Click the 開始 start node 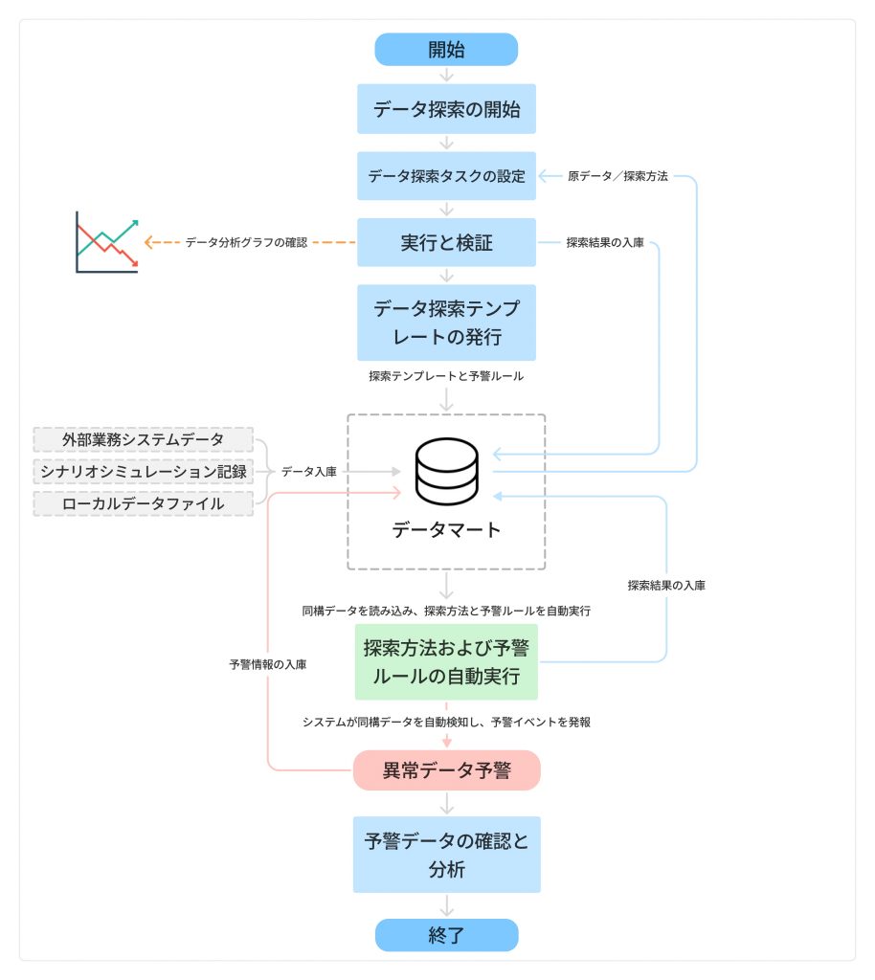tap(446, 50)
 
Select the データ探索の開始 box tap(446, 109)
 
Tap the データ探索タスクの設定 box tap(446, 176)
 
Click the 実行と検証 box tap(446, 243)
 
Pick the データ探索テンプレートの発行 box tap(446, 322)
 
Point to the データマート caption tap(446, 529)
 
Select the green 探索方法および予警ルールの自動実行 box tap(446, 661)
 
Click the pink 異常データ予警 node tap(446, 770)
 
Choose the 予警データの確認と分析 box tap(446, 855)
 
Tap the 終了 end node tap(446, 935)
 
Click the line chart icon tap(107, 243)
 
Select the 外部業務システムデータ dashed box tap(144, 440)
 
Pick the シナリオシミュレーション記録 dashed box tap(144, 472)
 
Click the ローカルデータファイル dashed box tap(144, 503)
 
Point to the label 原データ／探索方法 tap(617, 176)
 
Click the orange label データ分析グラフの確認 tap(246, 243)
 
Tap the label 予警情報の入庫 tap(268, 663)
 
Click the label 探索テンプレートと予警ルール tap(446, 377)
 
